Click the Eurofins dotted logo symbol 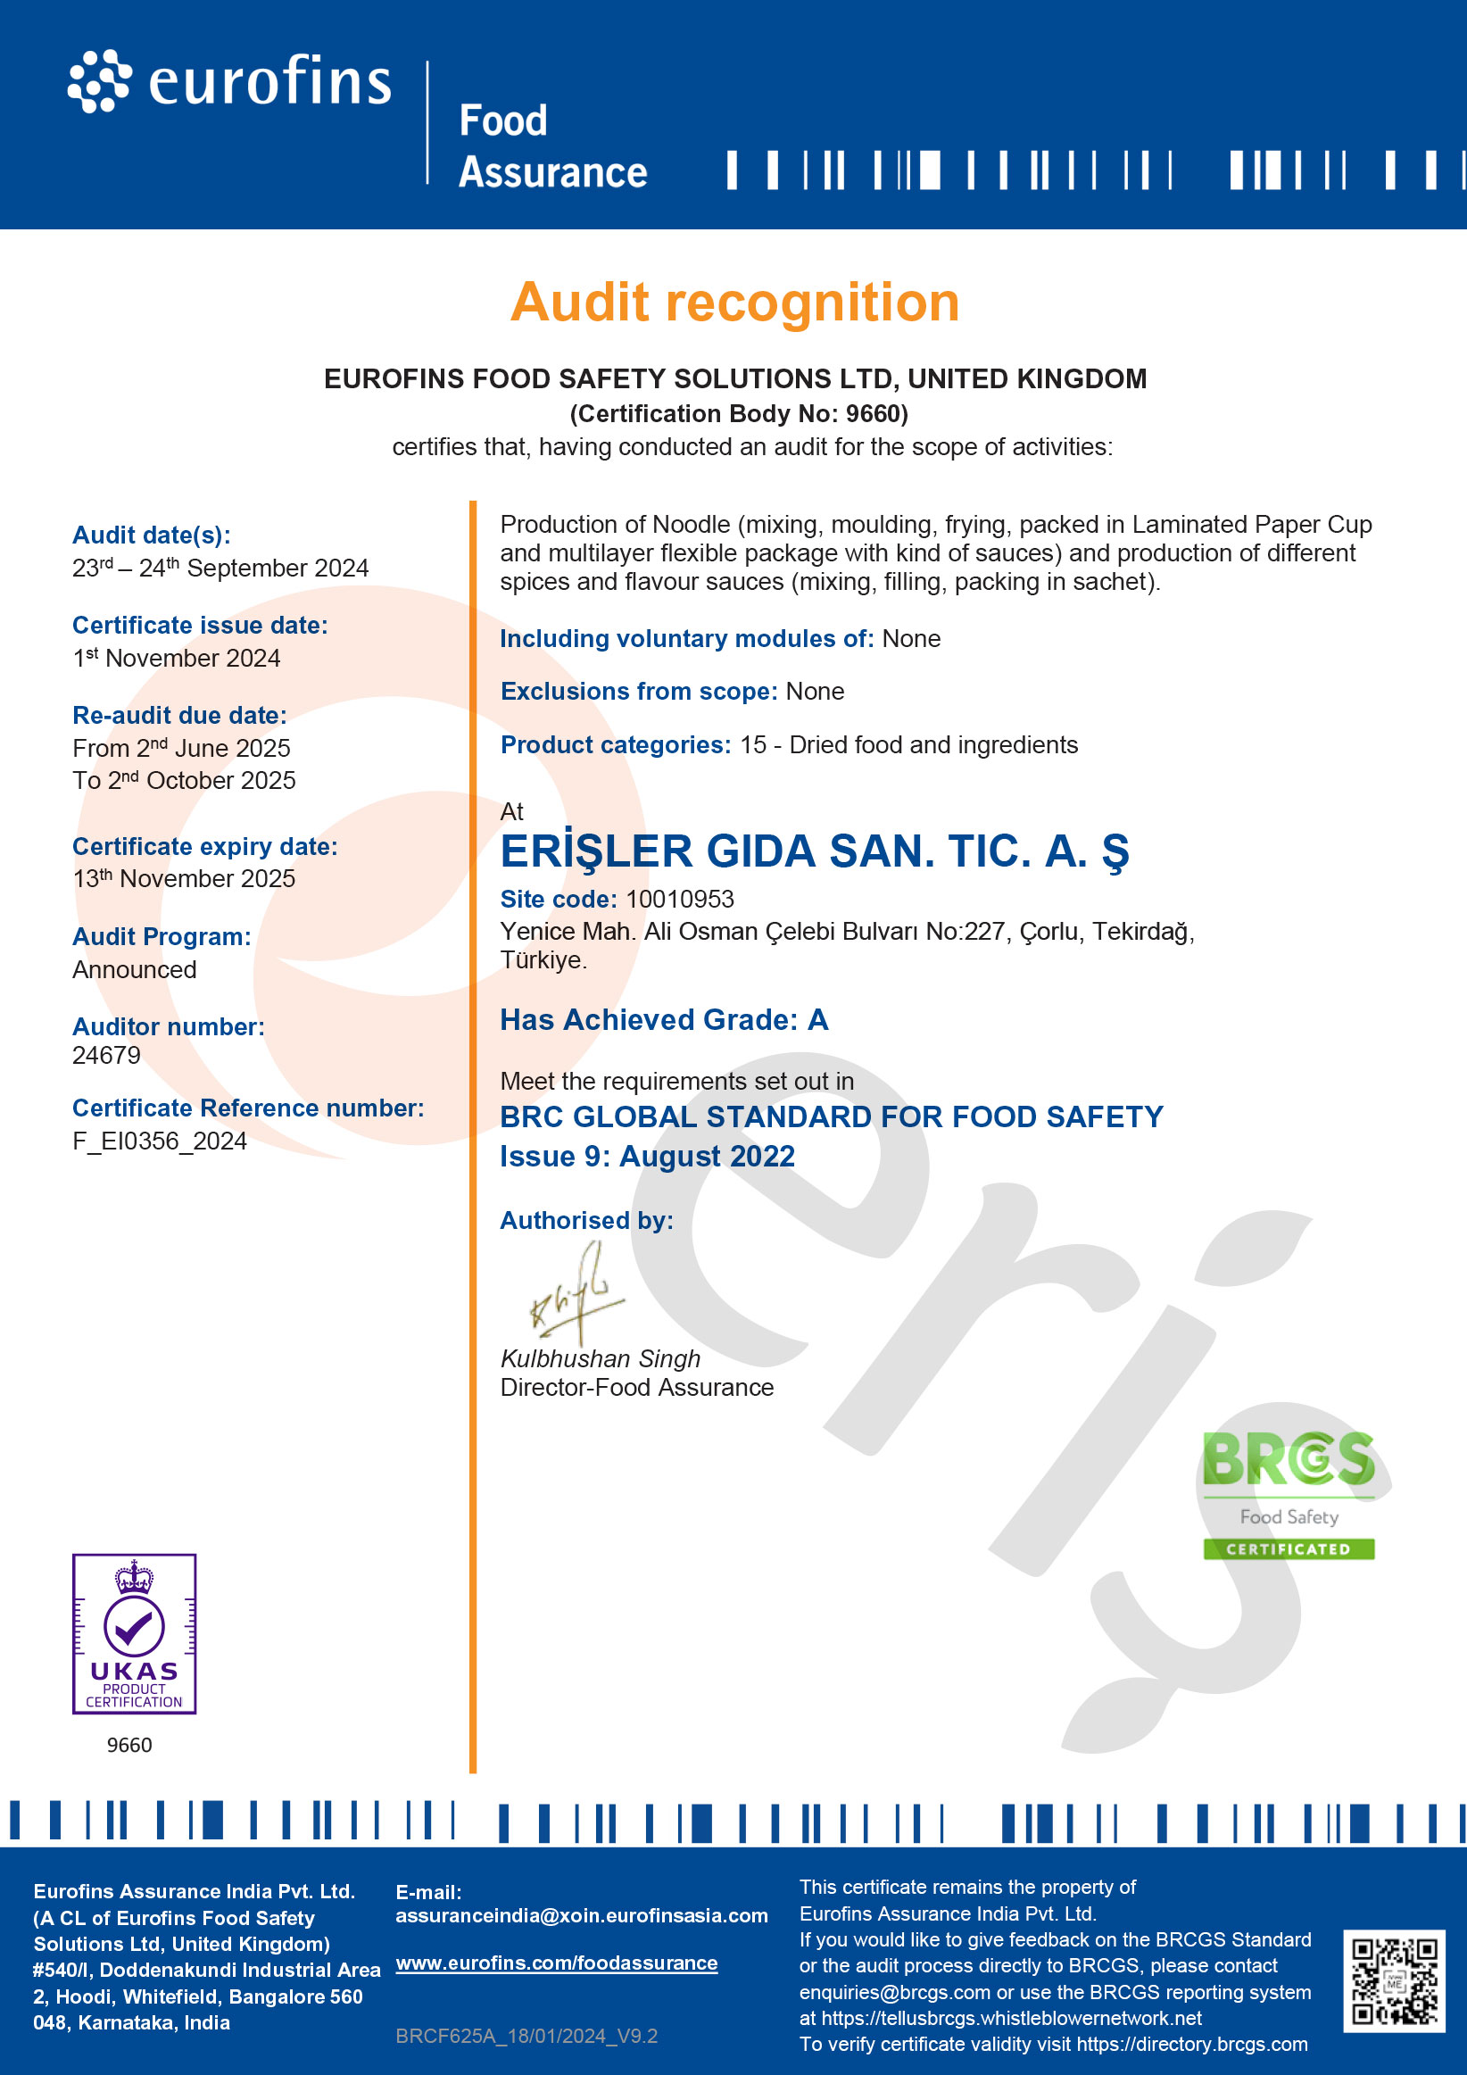click(x=98, y=81)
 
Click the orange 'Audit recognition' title click(x=734, y=302)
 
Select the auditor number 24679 click(x=107, y=1055)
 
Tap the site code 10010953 click(x=680, y=900)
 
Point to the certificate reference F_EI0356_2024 click(x=159, y=1141)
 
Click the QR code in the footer click(x=1394, y=1981)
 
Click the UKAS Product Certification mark click(x=134, y=1633)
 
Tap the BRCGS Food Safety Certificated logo click(x=1288, y=1495)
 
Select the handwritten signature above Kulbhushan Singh click(x=576, y=1293)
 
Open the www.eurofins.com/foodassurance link click(x=557, y=1963)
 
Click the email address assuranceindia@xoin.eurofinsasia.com click(x=581, y=1915)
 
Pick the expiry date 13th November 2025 click(x=185, y=878)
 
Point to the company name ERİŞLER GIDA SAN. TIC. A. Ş click(x=815, y=851)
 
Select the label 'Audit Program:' click(x=162, y=936)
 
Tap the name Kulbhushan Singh click(x=601, y=1358)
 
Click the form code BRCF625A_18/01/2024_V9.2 click(x=526, y=2036)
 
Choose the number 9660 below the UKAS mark click(x=129, y=1745)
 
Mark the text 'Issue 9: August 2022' click(x=647, y=1156)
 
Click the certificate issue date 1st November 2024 click(x=178, y=658)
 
